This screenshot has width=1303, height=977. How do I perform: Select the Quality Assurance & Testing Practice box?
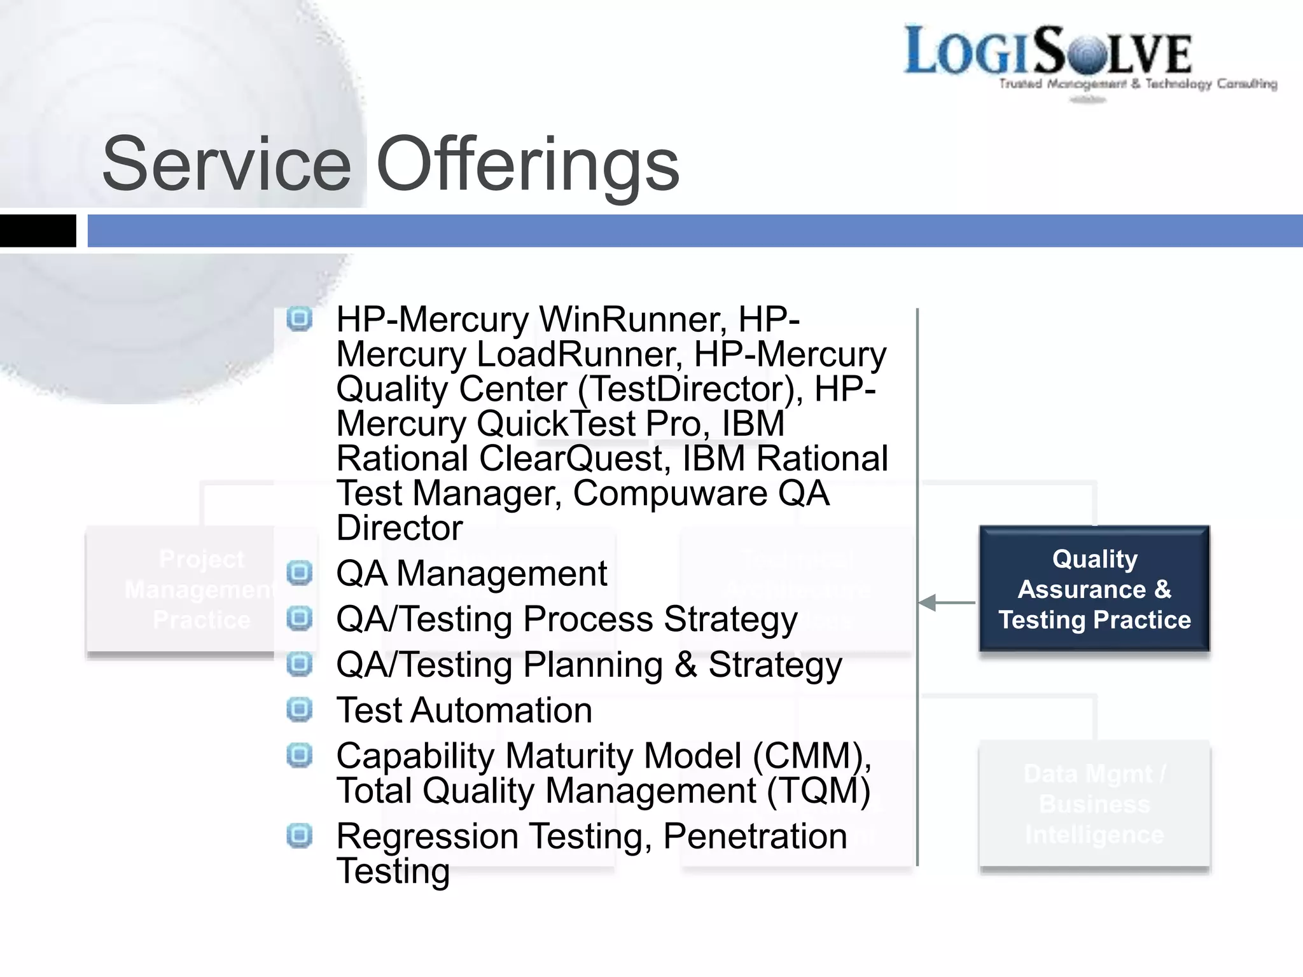click(1094, 589)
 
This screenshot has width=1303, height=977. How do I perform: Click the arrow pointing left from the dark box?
click(947, 602)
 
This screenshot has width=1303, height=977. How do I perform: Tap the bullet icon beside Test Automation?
click(299, 709)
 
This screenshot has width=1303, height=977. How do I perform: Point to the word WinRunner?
click(632, 319)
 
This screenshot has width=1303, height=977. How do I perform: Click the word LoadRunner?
click(579, 354)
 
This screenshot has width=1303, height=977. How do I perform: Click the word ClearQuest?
click(575, 459)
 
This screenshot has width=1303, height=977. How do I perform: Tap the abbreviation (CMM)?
click(811, 756)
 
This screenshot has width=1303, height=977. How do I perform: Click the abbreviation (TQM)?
click(818, 791)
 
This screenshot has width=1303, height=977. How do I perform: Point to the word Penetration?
click(755, 836)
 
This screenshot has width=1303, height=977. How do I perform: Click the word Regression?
click(427, 836)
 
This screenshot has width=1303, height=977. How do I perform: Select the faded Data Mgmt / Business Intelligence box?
click(1094, 805)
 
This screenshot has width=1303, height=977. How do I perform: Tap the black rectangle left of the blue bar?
click(38, 231)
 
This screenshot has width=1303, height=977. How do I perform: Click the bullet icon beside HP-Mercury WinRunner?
click(299, 319)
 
